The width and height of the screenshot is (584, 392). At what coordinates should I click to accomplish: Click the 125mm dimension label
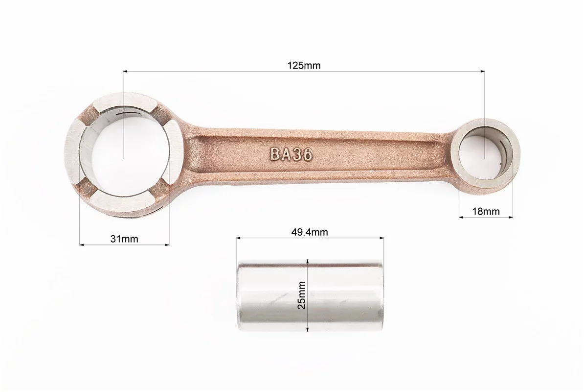click(x=304, y=66)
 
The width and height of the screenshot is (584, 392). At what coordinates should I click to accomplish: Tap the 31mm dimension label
click(x=124, y=239)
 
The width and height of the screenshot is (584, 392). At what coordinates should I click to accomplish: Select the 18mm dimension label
click(x=486, y=212)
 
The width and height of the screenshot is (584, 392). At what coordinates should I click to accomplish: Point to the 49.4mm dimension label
click(x=310, y=232)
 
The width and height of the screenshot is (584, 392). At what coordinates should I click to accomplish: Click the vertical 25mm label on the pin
click(x=302, y=295)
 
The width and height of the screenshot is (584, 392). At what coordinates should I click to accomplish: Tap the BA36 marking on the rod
click(x=291, y=154)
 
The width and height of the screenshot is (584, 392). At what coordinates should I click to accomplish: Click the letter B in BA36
click(x=275, y=153)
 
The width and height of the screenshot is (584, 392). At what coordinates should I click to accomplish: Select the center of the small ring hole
click(x=485, y=157)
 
